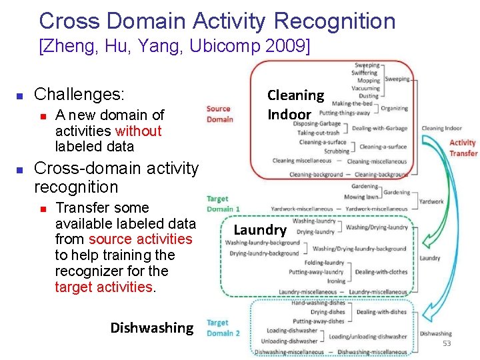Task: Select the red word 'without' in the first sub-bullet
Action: (x=138, y=131)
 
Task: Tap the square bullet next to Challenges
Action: (x=21, y=95)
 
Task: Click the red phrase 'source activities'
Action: (x=140, y=239)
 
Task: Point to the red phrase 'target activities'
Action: (x=103, y=287)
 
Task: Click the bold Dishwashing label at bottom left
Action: (x=151, y=327)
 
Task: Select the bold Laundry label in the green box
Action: (x=260, y=230)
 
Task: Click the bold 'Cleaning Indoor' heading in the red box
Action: (x=295, y=105)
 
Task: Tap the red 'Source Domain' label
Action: (x=219, y=114)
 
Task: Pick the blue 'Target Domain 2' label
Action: (x=223, y=328)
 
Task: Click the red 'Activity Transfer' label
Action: (x=463, y=147)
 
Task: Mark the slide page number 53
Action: (x=447, y=343)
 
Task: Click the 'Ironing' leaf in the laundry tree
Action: (x=336, y=281)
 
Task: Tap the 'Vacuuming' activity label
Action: (x=365, y=88)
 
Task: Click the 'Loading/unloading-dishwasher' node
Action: (x=367, y=337)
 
